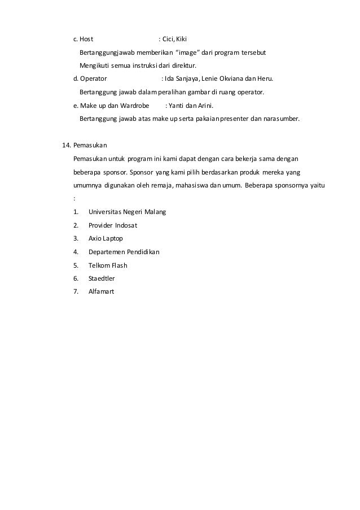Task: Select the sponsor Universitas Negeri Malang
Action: click(x=128, y=212)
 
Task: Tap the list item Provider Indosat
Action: click(x=113, y=225)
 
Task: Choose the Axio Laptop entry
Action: click(x=106, y=238)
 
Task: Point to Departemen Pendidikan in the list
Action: click(x=124, y=252)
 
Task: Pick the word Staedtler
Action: click(x=102, y=278)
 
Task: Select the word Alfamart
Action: click(x=102, y=291)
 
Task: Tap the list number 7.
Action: click(x=76, y=291)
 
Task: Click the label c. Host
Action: click(x=84, y=40)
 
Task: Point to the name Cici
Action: click(x=168, y=40)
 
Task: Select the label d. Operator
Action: click(x=90, y=79)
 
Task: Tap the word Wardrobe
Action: click(x=131, y=106)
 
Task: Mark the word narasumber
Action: click(x=280, y=119)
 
